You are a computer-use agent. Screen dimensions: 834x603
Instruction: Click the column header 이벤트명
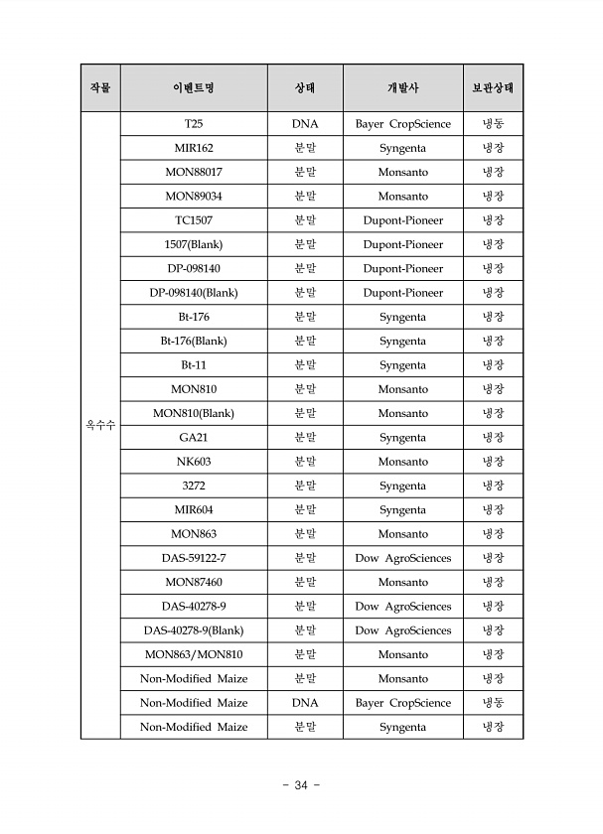(194, 87)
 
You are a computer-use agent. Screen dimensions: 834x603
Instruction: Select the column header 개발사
(402, 87)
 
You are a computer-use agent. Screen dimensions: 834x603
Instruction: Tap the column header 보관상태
(493, 87)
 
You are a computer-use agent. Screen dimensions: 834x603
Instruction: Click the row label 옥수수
(99, 425)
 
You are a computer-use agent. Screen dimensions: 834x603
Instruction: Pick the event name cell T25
(194, 124)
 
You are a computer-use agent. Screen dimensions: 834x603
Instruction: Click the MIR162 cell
(194, 148)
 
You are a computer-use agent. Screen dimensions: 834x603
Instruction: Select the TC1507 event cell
(194, 220)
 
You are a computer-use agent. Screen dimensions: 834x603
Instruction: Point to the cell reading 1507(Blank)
(194, 244)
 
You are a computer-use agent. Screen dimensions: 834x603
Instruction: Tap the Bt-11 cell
(194, 365)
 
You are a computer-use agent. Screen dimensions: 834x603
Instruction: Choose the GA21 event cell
(194, 437)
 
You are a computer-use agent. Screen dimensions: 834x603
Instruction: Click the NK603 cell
(194, 462)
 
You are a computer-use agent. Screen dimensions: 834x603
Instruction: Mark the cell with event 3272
(194, 486)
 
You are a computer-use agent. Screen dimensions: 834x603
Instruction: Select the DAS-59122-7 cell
(194, 558)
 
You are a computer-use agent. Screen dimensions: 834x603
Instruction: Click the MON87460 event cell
(194, 582)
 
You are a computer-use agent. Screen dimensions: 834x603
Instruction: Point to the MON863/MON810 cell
(194, 654)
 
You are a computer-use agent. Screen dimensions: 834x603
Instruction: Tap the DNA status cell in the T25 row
(305, 124)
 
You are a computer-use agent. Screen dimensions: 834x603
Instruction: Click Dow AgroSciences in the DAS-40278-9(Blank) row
(402, 630)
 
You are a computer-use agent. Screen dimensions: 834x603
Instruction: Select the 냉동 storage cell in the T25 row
(493, 124)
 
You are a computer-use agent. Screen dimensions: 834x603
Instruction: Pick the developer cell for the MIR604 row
(402, 509)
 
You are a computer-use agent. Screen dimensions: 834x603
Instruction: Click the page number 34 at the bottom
(301, 784)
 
